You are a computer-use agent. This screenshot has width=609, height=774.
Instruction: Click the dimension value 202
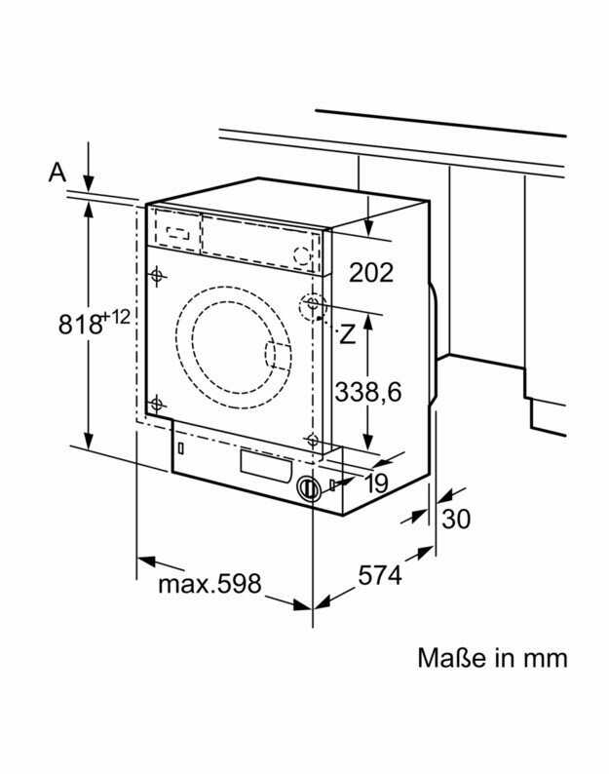[x=371, y=272]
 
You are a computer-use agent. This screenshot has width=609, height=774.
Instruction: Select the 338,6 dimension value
[x=368, y=392]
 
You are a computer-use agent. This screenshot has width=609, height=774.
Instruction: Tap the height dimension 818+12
[x=94, y=322]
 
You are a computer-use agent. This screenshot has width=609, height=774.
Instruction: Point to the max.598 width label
[x=209, y=584]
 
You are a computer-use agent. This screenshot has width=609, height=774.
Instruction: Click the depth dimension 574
[x=380, y=574]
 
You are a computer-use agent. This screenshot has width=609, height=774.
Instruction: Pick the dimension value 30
[x=455, y=519]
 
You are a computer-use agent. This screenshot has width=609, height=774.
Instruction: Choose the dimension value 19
[x=376, y=484]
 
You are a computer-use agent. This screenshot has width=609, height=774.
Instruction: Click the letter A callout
[x=57, y=173]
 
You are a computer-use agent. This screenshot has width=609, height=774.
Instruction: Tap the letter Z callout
[x=348, y=335]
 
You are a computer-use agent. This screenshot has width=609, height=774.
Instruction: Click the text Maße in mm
[x=492, y=657]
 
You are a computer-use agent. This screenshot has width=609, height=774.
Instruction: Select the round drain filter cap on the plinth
[x=309, y=488]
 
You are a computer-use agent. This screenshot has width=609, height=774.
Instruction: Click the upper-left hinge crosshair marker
[x=157, y=276]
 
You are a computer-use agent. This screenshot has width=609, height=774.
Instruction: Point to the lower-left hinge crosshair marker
[x=157, y=405]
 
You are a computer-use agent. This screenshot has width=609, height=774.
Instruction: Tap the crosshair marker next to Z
[x=313, y=303]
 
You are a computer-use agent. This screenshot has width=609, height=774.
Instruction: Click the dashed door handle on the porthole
[x=277, y=356]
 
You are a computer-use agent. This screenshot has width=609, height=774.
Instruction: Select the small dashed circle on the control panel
[x=301, y=256]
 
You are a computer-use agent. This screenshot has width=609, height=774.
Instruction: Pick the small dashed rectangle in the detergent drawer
[x=177, y=233]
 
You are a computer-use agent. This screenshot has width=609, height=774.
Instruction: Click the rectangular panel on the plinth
[x=265, y=466]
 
